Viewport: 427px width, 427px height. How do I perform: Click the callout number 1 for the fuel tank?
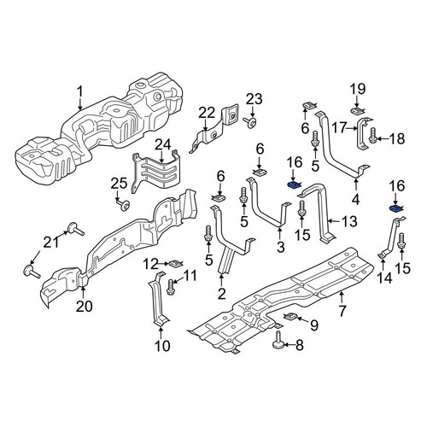80,92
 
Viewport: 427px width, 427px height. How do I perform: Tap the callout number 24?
162,145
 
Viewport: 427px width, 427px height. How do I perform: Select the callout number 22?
207,114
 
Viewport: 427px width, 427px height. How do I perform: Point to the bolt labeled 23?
249,123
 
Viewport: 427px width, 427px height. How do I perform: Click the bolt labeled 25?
123,205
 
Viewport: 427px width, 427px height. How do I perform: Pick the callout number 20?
85,307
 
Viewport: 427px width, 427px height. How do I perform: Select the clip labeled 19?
357,110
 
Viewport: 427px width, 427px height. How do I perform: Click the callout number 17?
340,128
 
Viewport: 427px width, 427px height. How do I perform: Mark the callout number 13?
348,221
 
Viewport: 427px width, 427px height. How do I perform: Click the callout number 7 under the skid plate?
342,311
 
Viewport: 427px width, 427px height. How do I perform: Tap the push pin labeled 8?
278,341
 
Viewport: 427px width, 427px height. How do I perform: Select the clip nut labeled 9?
290,317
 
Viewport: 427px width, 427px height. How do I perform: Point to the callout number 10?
162,346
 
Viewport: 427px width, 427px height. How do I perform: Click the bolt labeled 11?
171,287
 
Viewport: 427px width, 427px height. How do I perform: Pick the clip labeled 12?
177,264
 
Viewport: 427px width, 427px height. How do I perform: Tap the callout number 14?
384,278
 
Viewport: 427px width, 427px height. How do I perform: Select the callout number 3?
281,247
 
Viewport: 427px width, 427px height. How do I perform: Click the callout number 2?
222,293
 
